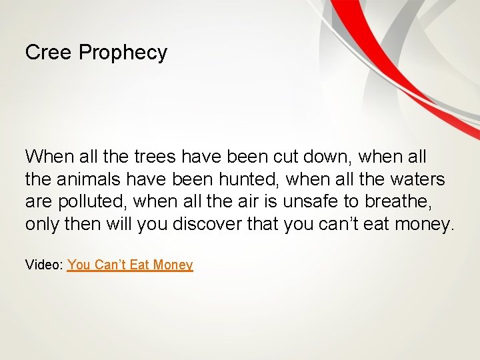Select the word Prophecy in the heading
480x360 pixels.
[123, 53]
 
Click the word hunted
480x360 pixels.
[247, 179]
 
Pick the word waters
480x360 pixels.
[416, 179]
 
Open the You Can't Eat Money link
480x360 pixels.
[130, 265]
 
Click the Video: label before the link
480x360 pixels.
[45, 265]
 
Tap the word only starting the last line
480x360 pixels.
[42, 223]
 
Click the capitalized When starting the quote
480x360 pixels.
[49, 157]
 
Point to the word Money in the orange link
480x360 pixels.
[173, 265]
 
